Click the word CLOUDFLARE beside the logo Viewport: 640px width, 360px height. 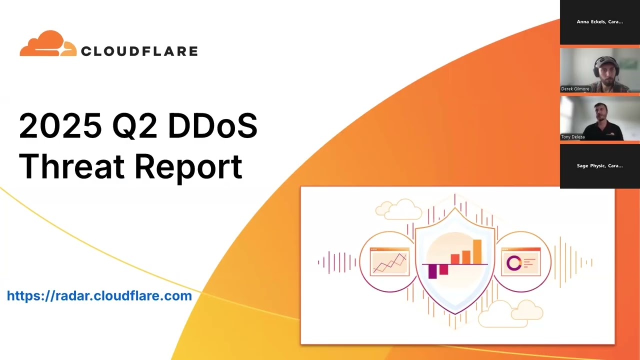(x=139, y=51)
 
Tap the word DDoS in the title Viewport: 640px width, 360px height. (x=212, y=125)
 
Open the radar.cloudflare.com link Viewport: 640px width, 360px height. (x=99, y=296)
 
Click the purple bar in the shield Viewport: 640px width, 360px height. (x=433, y=270)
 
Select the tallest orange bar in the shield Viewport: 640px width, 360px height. (x=477, y=251)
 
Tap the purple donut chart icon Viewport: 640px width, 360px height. (x=513, y=263)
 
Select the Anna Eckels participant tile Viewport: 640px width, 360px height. (x=599, y=22)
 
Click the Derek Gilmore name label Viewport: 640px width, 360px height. (x=575, y=89)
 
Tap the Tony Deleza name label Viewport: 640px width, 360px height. (x=573, y=137)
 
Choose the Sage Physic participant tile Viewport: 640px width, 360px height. (x=599, y=165)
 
